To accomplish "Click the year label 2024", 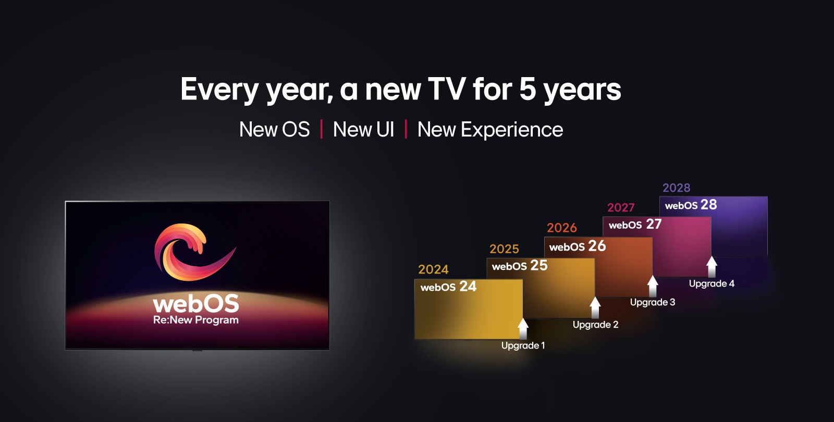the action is click(x=433, y=269).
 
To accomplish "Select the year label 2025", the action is click(x=504, y=249).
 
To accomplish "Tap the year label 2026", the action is click(x=562, y=228).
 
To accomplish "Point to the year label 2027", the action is click(x=621, y=208).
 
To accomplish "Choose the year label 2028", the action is click(x=676, y=188).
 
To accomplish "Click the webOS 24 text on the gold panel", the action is click(x=448, y=287).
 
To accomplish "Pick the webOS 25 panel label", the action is click(x=520, y=266).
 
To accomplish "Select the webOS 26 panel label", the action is click(x=578, y=246).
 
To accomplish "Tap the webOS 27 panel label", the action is click(x=635, y=225).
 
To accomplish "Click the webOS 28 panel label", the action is click(x=691, y=205).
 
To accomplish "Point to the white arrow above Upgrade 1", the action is click(x=523, y=328).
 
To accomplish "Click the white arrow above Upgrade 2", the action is click(x=595, y=307).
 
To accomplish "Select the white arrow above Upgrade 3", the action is click(x=653, y=286).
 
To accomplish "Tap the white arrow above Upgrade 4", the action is click(x=712, y=266).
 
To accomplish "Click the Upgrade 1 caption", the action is click(x=523, y=346).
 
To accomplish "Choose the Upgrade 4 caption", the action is click(x=712, y=283).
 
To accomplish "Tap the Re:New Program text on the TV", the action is click(x=196, y=320).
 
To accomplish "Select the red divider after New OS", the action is click(x=321, y=129).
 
